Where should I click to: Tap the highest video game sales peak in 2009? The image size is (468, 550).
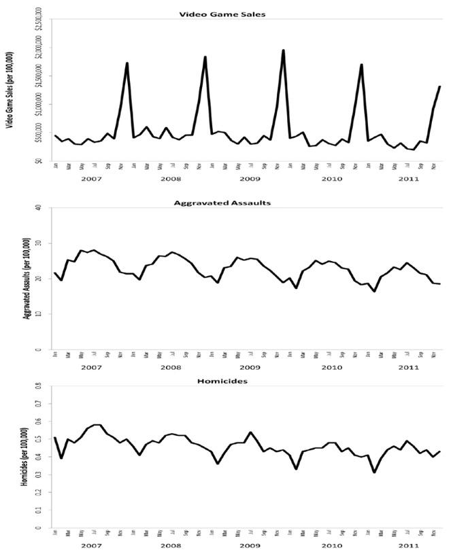[283, 50]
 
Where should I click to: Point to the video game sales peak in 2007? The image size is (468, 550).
[127, 63]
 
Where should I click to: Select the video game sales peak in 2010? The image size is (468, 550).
[361, 65]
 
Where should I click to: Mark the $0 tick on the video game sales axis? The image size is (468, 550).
[43, 160]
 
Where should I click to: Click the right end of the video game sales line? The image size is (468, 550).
[440, 86]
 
